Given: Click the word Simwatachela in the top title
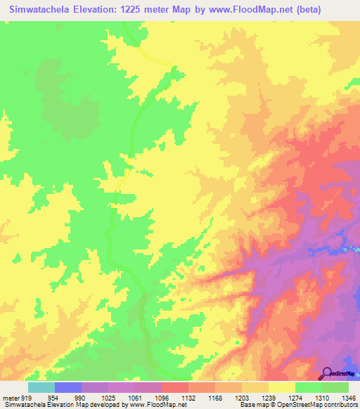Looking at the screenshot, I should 44,9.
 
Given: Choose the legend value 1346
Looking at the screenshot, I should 349,398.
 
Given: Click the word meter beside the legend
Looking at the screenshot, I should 11,398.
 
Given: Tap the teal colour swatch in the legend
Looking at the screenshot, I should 41,387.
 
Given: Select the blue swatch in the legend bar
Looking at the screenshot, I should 68,387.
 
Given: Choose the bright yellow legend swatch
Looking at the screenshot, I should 282,387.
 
